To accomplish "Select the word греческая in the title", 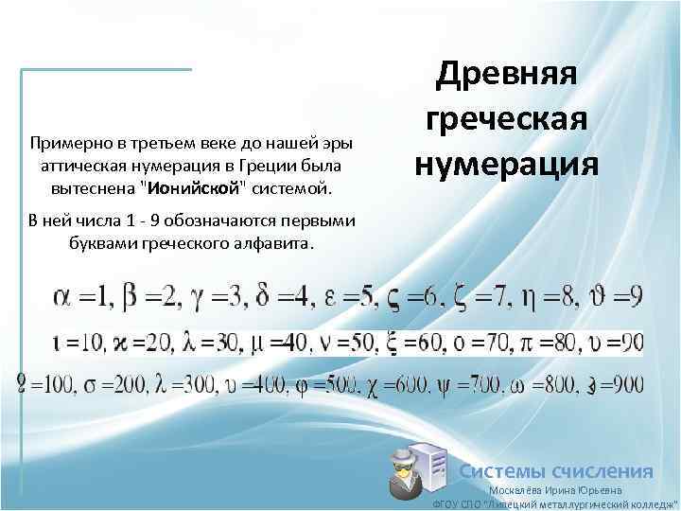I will [x=509, y=119].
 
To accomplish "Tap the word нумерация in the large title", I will [x=506, y=162].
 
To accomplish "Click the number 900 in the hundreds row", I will [x=625, y=385].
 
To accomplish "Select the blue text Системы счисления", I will [x=556, y=471].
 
